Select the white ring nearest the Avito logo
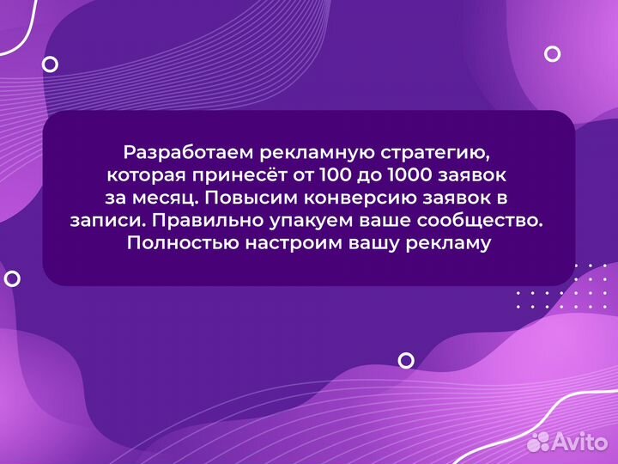[406, 360]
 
